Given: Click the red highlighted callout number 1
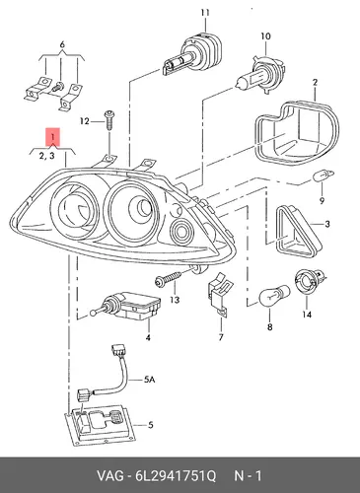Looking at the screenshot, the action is [52, 136].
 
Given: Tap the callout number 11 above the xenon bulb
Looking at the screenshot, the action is [205, 13].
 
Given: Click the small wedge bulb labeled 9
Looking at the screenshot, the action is [323, 176].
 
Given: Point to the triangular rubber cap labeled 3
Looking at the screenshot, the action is [298, 232].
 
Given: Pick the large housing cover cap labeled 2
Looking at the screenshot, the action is [297, 132].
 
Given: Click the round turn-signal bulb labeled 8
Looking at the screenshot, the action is [274, 295].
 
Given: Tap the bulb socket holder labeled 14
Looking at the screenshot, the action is [310, 283].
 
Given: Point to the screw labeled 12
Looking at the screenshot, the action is [108, 121].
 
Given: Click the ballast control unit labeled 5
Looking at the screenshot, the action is [100, 425].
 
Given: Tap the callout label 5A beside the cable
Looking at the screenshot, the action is [150, 380].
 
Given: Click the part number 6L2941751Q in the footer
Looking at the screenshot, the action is [176, 476].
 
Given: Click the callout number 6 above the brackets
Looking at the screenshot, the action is [62, 44].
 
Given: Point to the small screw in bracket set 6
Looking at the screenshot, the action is [58, 87].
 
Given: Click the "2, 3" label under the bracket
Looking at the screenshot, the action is [47, 156].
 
